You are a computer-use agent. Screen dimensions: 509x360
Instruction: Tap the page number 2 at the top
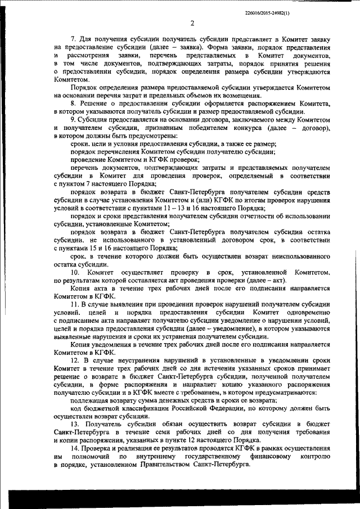coord(192,23)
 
